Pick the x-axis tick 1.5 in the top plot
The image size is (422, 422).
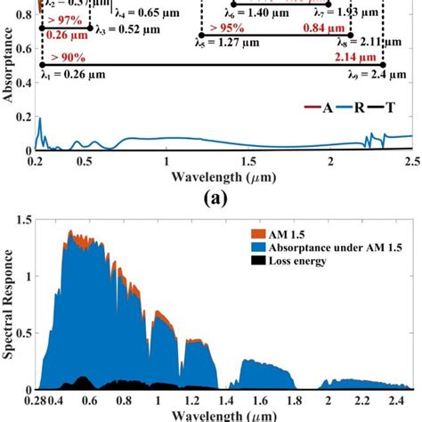tap(248, 162)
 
